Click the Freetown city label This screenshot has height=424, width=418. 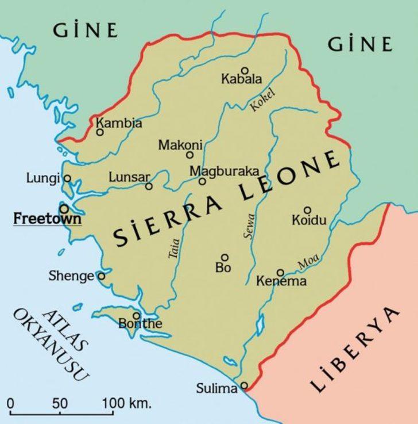tap(47, 219)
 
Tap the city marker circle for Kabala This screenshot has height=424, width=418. tap(245, 70)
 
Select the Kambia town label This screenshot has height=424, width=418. tap(119, 123)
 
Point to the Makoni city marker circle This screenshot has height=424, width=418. tap(189, 155)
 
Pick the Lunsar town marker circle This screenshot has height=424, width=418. tap(149, 186)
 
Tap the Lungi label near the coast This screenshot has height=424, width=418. tap(43, 178)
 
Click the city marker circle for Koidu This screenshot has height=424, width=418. tap(307, 210)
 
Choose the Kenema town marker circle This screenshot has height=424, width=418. tap(280, 273)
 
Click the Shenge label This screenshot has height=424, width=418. tap(71, 276)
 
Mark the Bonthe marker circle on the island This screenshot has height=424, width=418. tap(137, 315)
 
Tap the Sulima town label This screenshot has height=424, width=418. tap(216, 389)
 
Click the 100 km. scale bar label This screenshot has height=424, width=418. tap(127, 403)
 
